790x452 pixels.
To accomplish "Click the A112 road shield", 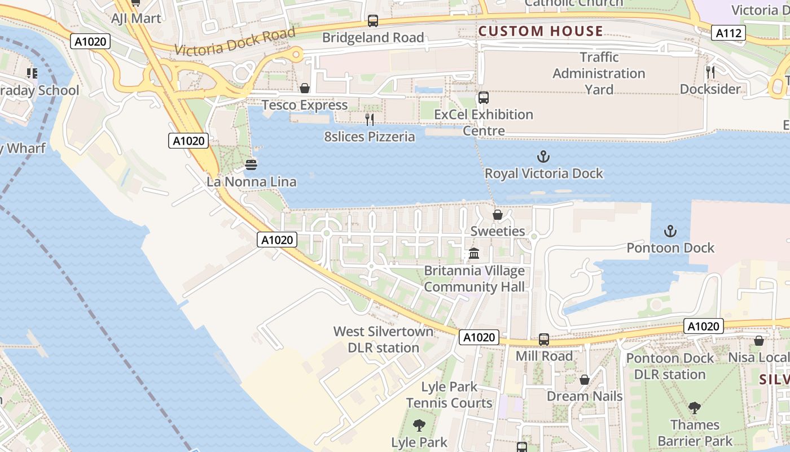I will pos(728,33).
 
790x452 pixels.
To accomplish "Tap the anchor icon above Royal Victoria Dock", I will pos(543,157).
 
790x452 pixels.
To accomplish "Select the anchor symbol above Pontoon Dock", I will pos(670,231).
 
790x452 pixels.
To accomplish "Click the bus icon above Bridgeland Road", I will pos(372,21).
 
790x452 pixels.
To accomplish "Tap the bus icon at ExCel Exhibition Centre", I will pos(483,98).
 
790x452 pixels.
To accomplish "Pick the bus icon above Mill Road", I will pos(543,340).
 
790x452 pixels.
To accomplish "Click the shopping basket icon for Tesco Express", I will pos(305,89).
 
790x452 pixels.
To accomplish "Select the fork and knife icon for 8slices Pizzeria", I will pos(370,120).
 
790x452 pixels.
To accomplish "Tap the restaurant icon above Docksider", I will pos(710,72).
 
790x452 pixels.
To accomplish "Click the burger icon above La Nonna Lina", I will pos(251,165).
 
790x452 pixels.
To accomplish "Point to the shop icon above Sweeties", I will pos(497,215).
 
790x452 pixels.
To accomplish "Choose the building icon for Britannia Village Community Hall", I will pos(474,254).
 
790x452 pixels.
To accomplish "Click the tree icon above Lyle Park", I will pos(419,425).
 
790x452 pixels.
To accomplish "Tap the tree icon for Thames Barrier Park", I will pos(695,407).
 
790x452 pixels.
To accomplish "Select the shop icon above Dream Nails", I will pos(585,380).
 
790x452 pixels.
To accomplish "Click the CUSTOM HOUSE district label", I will pos(541,31).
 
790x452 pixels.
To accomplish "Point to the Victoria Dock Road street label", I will pos(235,42).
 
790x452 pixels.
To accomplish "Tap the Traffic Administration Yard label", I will pos(599,73).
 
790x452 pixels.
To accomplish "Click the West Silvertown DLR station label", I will pos(383,340).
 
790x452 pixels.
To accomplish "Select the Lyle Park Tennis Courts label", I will pos(449,395).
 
